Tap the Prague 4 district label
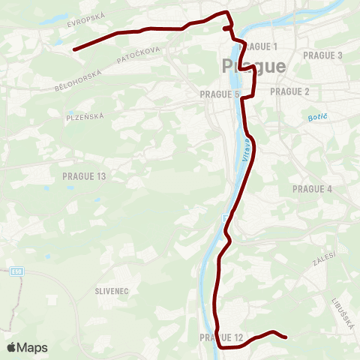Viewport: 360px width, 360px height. [312, 188]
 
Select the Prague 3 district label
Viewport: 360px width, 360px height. [322, 55]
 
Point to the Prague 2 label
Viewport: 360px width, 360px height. [289, 91]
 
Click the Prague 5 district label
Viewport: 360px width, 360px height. [220, 94]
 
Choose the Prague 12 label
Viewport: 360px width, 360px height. [222, 338]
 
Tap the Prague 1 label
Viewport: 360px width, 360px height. [258, 46]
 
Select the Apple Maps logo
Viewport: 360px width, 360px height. [27, 347]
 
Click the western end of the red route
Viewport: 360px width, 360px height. [74, 49]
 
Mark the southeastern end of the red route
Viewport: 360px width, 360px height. [286, 337]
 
